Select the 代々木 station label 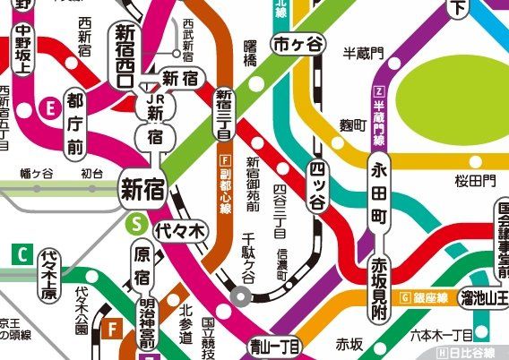pyautogui.click(x=181, y=230)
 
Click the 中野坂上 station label pyautogui.click(x=22, y=52)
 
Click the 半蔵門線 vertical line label pyautogui.click(x=379, y=117)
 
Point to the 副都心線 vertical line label pyautogui.click(x=225, y=192)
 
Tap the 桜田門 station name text pyautogui.click(x=474, y=181)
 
